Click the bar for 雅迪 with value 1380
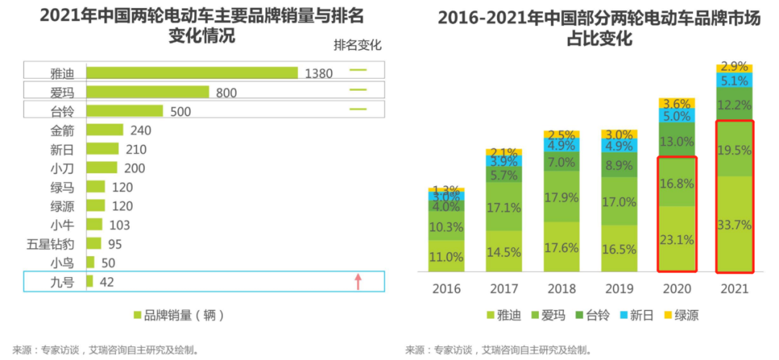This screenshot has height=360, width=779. (x=192, y=72)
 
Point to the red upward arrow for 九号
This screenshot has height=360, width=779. (x=358, y=281)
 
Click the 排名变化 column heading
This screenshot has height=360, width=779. (x=357, y=45)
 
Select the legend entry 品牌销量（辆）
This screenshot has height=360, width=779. (x=180, y=315)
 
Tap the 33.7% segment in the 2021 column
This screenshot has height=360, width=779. (x=734, y=224)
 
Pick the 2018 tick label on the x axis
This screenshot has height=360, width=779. (x=562, y=289)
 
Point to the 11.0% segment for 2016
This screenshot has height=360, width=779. (x=446, y=256)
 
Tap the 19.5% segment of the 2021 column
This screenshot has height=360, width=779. (x=734, y=150)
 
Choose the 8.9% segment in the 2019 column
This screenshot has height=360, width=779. (x=619, y=165)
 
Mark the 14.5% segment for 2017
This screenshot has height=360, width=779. (x=504, y=253)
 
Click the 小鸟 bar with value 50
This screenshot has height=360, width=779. (x=90, y=262)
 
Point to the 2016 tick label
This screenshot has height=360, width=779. (x=446, y=289)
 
